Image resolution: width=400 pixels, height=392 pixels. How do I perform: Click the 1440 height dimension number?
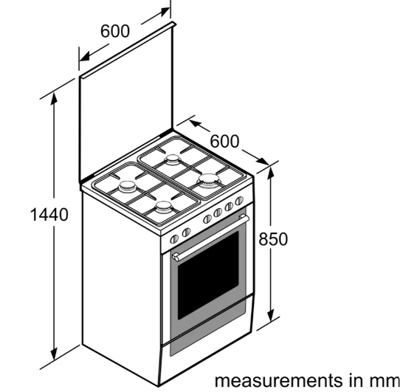pos(49,214)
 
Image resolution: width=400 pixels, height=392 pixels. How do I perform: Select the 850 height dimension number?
pos(273,239)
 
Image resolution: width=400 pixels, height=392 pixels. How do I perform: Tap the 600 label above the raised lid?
pos(115,31)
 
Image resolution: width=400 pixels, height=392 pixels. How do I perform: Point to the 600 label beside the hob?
pos(225,141)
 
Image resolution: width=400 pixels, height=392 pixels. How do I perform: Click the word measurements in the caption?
pos(278,380)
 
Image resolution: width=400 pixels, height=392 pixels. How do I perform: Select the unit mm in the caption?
pos(385,381)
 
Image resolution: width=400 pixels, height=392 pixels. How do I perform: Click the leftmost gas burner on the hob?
pos(127,187)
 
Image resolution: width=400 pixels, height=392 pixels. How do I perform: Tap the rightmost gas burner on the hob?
pos(209,180)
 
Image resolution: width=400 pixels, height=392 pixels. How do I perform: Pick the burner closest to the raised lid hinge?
pos(173,159)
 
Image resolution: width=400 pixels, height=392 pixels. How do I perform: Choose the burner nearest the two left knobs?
pos(163,207)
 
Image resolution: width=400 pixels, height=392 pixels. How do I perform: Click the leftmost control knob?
pos(174,239)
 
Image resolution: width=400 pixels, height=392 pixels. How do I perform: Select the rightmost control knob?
pos(239,201)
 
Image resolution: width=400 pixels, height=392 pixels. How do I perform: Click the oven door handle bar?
pos(210,238)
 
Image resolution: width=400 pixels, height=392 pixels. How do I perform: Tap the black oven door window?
pos(208,275)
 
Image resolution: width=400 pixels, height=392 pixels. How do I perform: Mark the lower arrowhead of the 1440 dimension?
pos(54,354)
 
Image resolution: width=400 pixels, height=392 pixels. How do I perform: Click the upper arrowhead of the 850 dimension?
pos(271,173)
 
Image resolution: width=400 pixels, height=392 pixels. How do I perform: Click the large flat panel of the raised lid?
pos(126,107)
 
